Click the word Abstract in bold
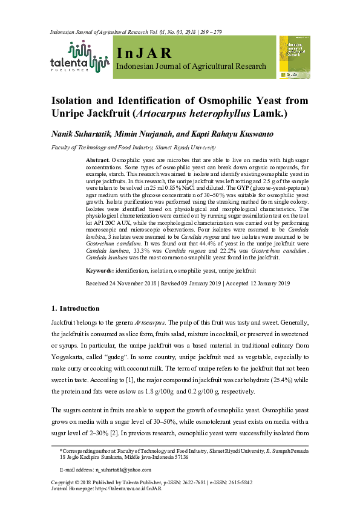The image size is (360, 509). tap(97, 158)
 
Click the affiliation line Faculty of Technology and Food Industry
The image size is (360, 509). tap(103, 147)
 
